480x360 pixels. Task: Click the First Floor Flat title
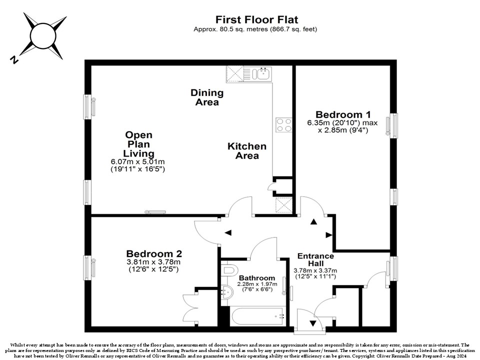click(x=256, y=19)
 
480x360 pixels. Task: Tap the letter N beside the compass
click(x=14, y=59)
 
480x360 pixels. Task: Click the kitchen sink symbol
click(x=261, y=73)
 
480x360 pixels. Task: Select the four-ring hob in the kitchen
click(x=283, y=125)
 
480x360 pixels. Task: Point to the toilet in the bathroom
click(x=229, y=269)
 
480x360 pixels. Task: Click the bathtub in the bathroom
click(x=258, y=316)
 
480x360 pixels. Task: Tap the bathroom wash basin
click(x=227, y=292)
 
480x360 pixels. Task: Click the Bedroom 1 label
click(x=343, y=115)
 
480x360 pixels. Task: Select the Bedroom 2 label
click(x=154, y=254)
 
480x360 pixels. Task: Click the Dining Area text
click(x=207, y=97)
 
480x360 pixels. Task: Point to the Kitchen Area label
click(x=247, y=151)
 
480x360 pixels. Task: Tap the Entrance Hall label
click(x=315, y=259)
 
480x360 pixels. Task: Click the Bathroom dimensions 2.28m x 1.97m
click(x=257, y=284)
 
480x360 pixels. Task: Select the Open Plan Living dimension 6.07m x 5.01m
click(x=138, y=161)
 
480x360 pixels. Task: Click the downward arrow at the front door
click(x=313, y=323)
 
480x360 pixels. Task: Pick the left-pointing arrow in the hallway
click(x=228, y=232)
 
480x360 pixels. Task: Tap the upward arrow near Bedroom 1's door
click(x=313, y=221)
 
